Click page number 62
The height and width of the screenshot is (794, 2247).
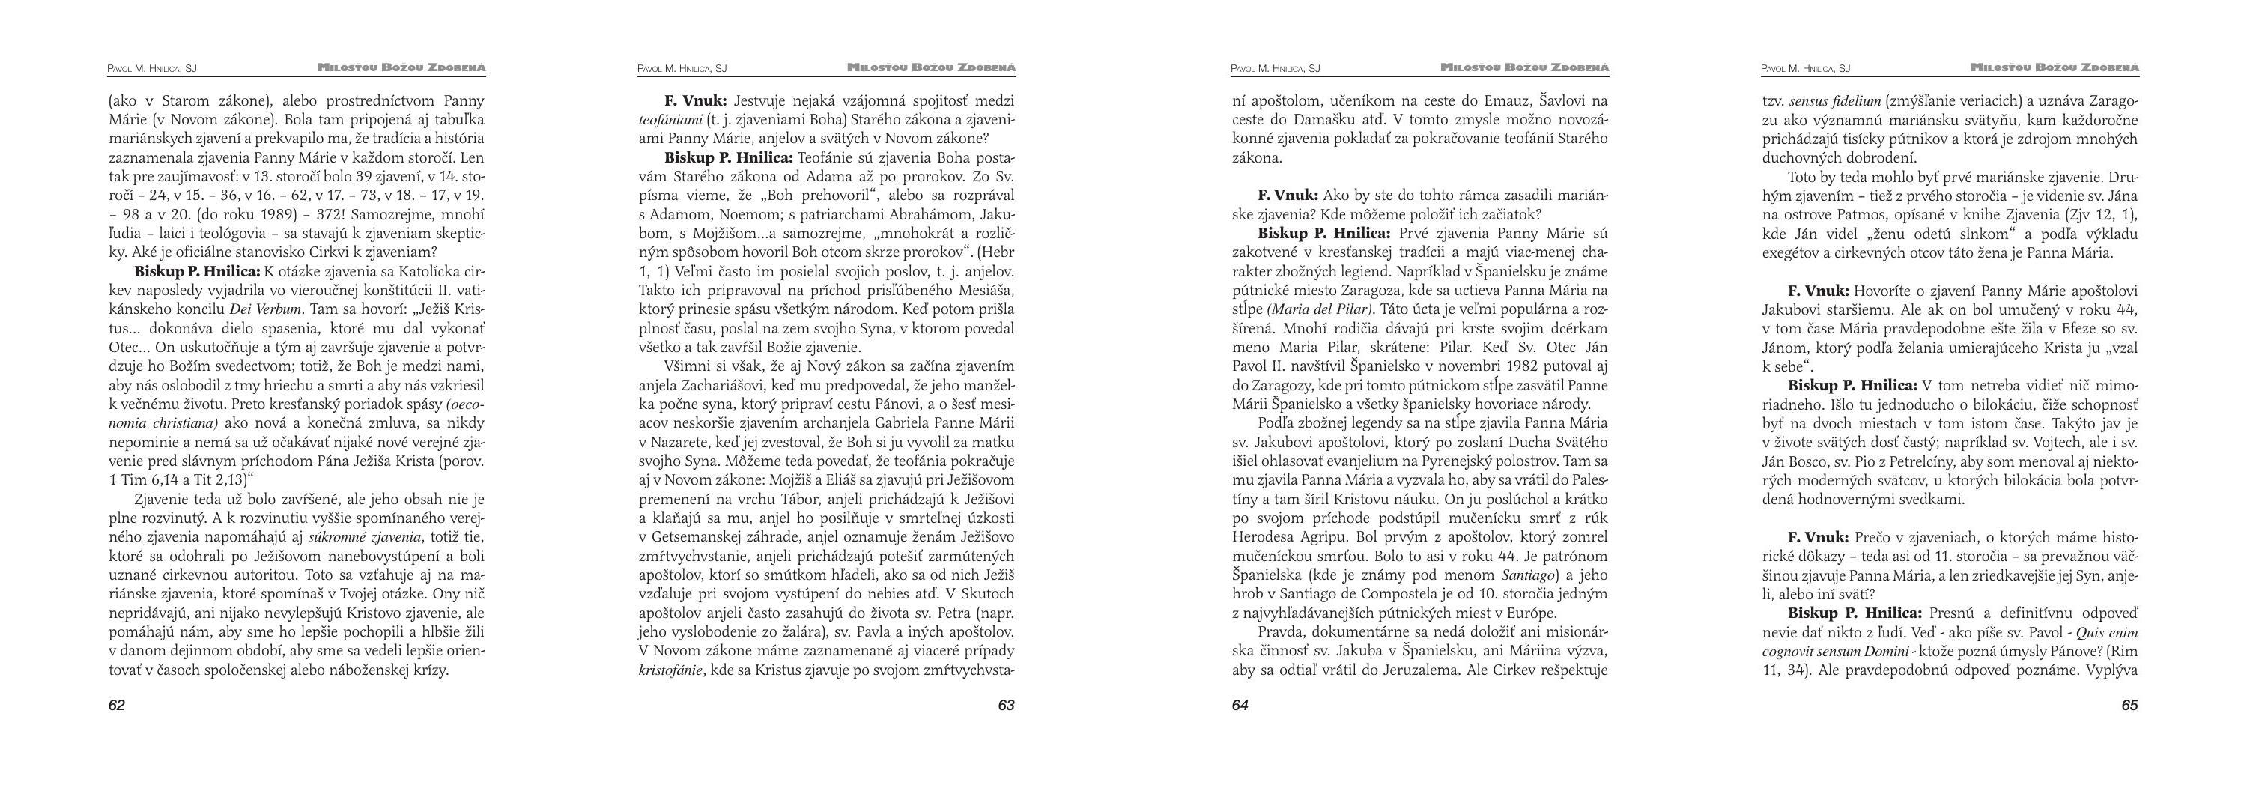(x=117, y=705)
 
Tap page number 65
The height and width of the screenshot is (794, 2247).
(x=2129, y=705)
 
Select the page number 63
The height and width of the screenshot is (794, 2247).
(x=1006, y=705)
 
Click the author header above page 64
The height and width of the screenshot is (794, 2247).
(x=1276, y=68)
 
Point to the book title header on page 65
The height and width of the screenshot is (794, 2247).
(x=2055, y=68)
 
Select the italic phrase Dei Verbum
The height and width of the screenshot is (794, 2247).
(x=269, y=309)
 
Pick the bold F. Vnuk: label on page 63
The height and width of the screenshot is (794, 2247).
(x=695, y=100)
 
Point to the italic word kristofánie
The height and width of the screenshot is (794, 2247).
(x=671, y=670)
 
